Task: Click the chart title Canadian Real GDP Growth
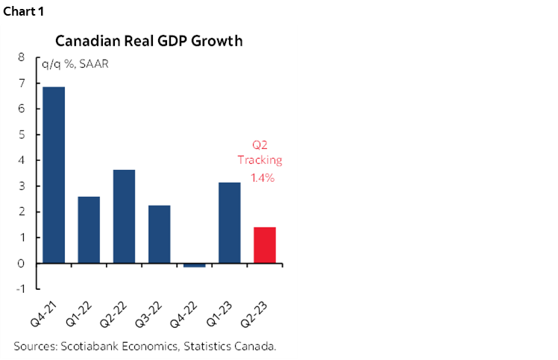click(x=148, y=41)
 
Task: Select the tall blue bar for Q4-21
click(x=53, y=175)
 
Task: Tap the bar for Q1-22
click(x=88, y=230)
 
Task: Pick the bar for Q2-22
click(x=124, y=216)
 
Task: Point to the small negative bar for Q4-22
click(x=194, y=265)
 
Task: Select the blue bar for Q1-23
click(x=229, y=222)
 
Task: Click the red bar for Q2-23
click(x=265, y=245)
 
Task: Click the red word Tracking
click(x=260, y=160)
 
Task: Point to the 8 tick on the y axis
click(x=21, y=57)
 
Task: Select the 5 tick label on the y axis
click(x=21, y=134)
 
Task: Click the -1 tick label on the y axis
click(x=19, y=289)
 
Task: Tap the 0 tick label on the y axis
click(x=21, y=263)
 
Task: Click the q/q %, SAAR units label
click(x=75, y=63)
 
